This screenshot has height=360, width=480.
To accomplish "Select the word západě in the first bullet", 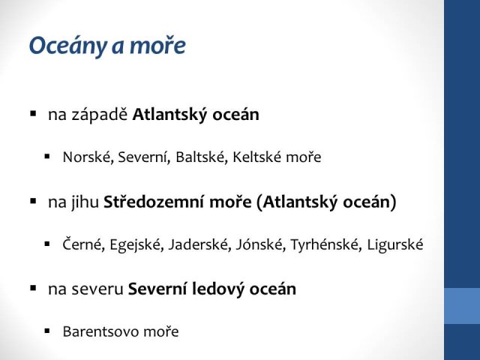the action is click(x=100, y=115).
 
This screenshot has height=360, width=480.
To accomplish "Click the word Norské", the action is click(x=87, y=157).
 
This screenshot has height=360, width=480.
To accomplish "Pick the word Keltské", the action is click(x=256, y=157).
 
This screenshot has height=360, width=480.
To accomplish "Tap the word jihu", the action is click(x=85, y=202).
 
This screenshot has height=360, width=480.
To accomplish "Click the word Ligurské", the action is click(x=395, y=245).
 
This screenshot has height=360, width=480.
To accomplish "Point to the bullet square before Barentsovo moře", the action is click(x=46, y=331).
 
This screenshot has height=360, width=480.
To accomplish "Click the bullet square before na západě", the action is click(x=33, y=114).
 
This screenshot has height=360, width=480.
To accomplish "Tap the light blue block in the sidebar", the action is click(x=462, y=306).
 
